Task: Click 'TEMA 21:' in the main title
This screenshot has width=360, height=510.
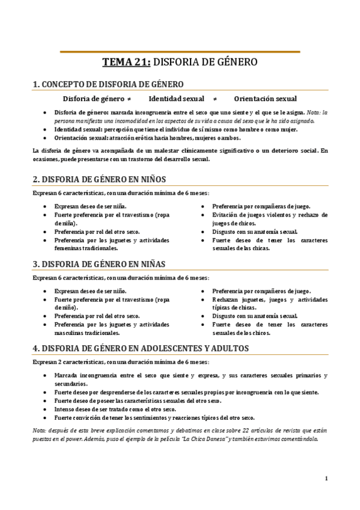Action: [127, 61]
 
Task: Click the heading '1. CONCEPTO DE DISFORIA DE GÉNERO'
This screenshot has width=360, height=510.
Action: [108, 84]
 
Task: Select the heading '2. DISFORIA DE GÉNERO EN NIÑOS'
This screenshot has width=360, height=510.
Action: [99, 179]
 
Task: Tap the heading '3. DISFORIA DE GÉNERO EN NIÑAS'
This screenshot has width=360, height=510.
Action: [99, 264]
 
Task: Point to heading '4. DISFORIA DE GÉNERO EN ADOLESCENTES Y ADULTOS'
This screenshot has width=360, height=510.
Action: [141, 348]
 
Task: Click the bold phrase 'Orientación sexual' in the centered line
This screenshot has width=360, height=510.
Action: [265, 99]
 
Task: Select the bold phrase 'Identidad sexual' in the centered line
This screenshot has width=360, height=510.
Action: [176, 99]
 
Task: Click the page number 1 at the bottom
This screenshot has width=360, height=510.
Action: [326, 479]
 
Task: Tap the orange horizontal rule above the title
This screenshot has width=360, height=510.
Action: [180, 52]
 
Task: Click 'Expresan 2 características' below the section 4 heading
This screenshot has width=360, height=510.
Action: [67, 362]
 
